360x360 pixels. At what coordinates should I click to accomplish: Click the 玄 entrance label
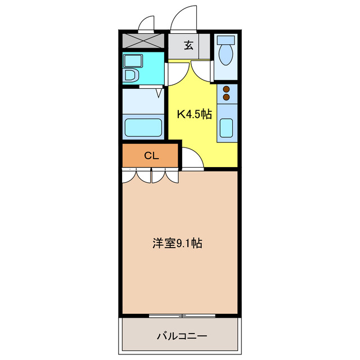[188, 46]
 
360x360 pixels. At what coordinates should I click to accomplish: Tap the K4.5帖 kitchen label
[195, 114]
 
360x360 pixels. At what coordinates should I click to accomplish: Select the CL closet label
[151, 156]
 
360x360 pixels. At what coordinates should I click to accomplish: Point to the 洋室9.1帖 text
[177, 244]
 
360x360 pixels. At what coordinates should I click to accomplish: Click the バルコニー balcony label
[181, 336]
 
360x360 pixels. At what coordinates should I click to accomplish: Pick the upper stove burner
[227, 89]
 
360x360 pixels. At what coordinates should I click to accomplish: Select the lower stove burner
[227, 97]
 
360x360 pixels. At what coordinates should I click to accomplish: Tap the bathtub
[143, 127]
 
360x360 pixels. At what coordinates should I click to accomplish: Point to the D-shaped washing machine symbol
[130, 75]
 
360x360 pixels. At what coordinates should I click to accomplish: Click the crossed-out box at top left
[143, 41]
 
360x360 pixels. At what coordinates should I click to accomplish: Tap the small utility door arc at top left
[147, 24]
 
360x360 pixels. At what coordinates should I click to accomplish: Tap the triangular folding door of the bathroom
[159, 92]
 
